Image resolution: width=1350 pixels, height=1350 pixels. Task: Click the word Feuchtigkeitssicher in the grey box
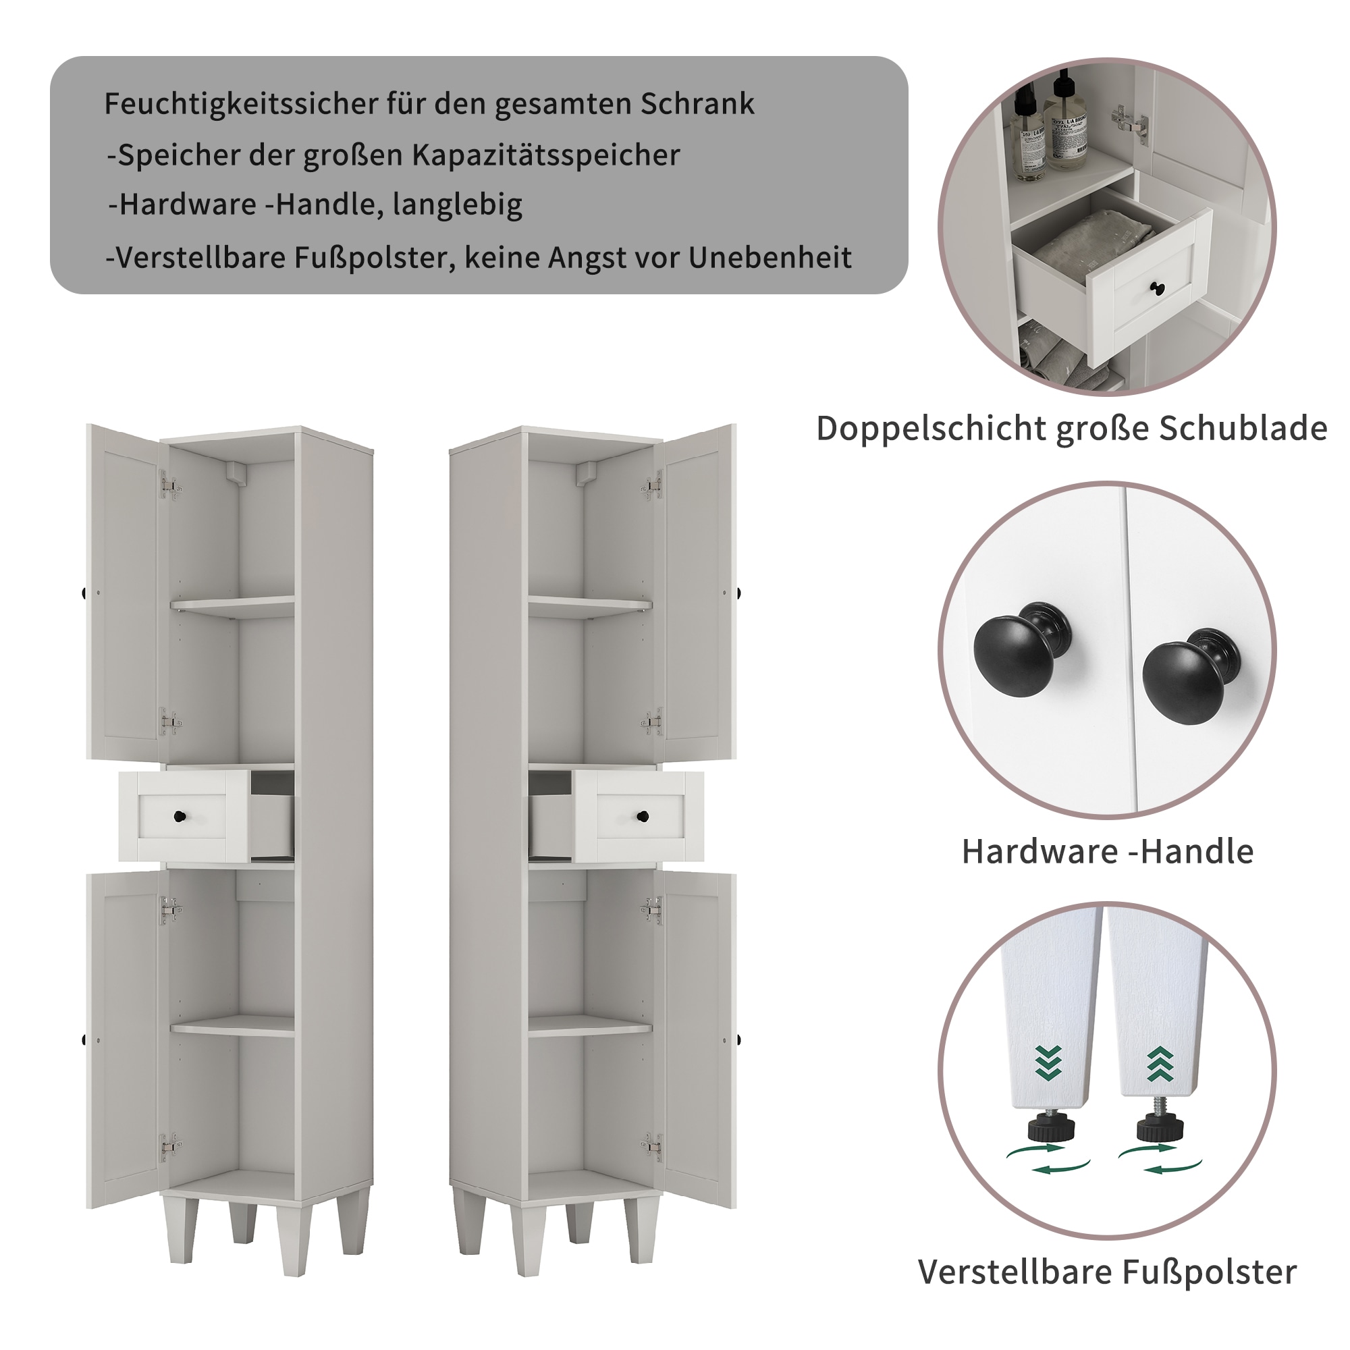pos(241,104)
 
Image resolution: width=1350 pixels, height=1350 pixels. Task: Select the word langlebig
pos(458,205)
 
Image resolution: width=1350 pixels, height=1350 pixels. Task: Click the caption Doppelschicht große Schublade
pos(1071,429)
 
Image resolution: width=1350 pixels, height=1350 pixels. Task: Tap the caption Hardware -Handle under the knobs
pos(1108,852)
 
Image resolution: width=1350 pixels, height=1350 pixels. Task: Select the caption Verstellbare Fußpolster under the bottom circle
pos(1107,1272)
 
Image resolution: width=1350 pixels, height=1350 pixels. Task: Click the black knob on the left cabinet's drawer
pos(180,816)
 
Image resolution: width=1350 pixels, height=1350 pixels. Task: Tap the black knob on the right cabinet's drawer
pos(643,816)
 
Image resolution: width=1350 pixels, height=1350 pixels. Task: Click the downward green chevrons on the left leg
pos(1049,1064)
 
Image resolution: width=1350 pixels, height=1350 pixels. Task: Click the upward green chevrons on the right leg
pos(1160,1064)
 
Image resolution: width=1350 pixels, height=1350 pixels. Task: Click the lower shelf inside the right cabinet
pos(590,1025)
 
